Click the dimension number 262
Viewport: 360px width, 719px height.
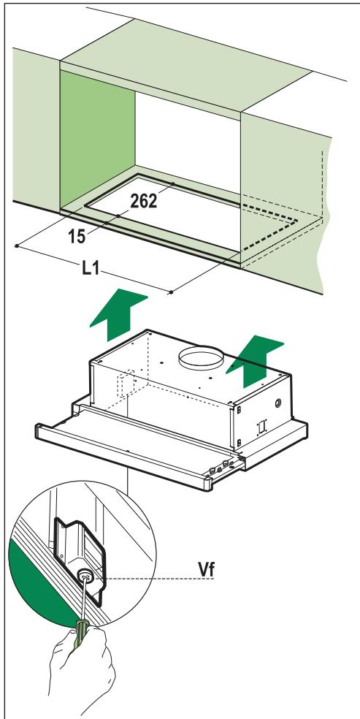(x=143, y=202)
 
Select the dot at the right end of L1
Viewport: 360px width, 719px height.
(x=170, y=292)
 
